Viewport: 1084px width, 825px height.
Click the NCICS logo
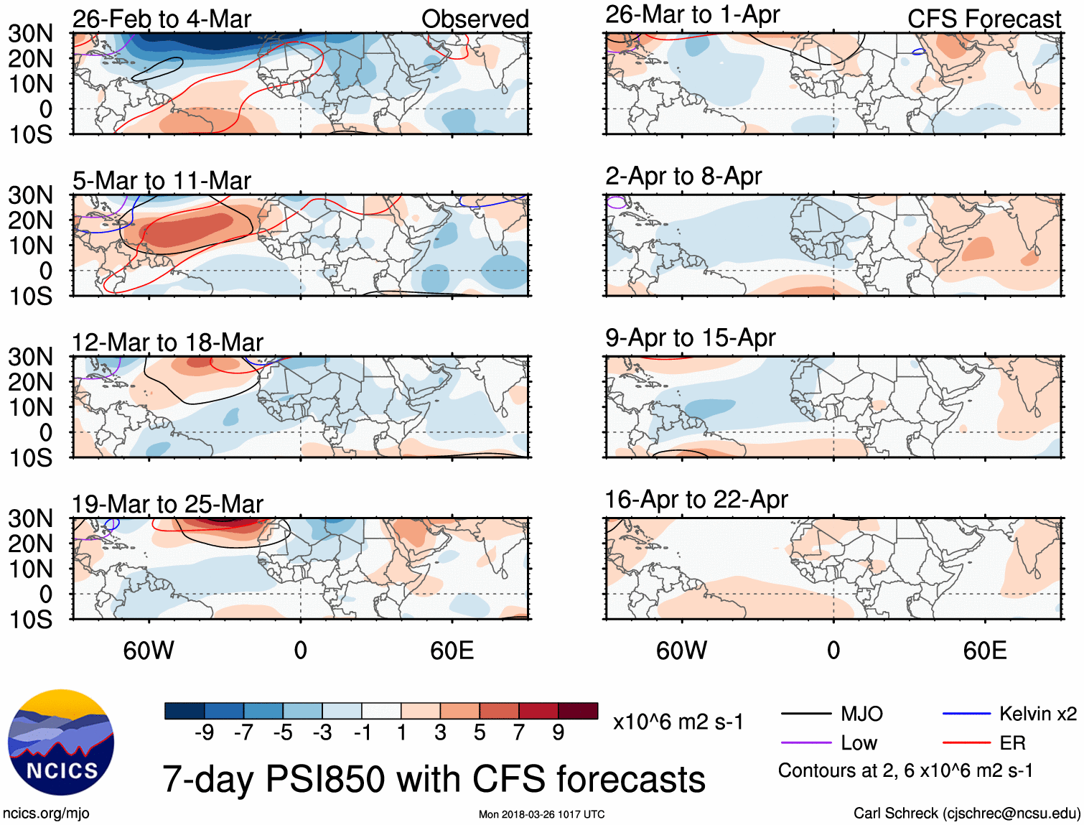click(x=61, y=742)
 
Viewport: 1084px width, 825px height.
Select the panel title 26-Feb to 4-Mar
click(x=162, y=19)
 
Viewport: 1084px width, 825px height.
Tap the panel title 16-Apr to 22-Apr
click(x=696, y=500)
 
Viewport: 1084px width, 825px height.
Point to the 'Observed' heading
click(x=475, y=19)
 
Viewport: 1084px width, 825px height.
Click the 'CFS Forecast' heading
click(x=983, y=19)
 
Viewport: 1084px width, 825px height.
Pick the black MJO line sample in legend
click(x=805, y=714)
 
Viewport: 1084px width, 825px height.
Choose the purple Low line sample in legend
click(x=805, y=743)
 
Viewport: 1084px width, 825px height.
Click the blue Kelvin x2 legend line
click(x=966, y=714)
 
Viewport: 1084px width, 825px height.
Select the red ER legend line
click(x=966, y=743)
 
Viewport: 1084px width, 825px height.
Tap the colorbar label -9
click(x=205, y=732)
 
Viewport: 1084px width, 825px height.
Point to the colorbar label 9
click(x=559, y=732)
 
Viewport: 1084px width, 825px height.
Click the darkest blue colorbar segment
click(x=184, y=711)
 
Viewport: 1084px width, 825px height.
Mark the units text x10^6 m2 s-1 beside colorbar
click(x=678, y=722)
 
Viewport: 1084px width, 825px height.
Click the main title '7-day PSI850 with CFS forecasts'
click(x=434, y=779)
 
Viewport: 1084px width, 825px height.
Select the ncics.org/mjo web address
click(x=46, y=814)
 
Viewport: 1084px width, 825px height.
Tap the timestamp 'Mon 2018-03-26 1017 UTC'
click(x=541, y=814)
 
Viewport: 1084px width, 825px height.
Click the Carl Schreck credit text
click(x=966, y=814)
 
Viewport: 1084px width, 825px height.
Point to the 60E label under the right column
click(x=984, y=651)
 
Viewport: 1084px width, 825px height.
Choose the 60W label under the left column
click(x=149, y=651)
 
